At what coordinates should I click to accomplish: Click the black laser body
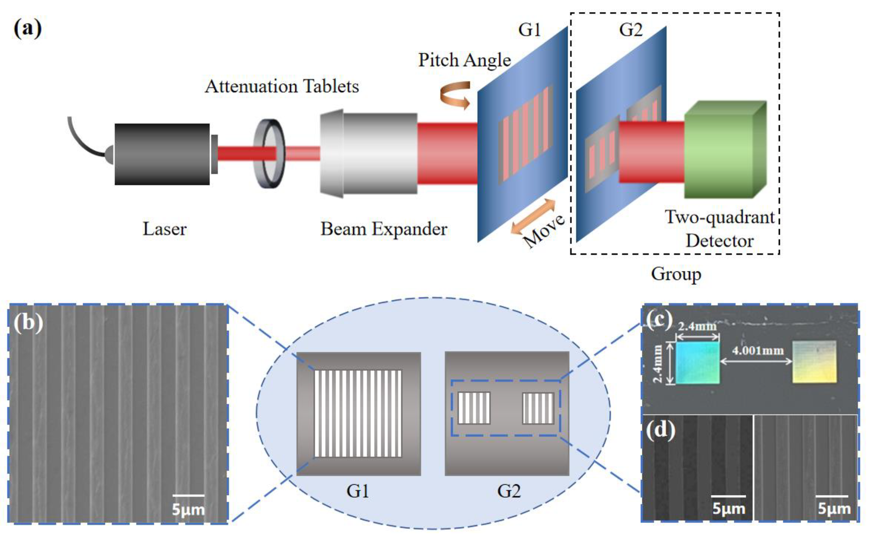pos(161,154)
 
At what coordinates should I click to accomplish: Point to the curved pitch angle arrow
pos(455,95)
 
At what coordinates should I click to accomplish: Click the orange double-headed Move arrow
pos(534,217)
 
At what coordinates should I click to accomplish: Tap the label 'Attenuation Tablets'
pos(282,86)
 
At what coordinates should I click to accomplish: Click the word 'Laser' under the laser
pos(164,229)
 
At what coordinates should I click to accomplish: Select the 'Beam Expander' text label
pos(384,229)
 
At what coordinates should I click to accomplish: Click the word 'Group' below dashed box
pos(676,274)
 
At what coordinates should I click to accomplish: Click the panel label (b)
pos(28,323)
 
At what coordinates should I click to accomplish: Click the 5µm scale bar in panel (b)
pos(188,495)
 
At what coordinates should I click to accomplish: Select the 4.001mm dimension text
pos(758,350)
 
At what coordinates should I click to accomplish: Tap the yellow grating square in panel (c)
pos(814,361)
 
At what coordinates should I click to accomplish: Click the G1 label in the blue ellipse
pos(358,491)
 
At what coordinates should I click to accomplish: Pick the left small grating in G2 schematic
pos(474,408)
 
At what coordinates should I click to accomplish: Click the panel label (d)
pos(660,430)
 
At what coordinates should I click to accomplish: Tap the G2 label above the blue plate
pos(630,30)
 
